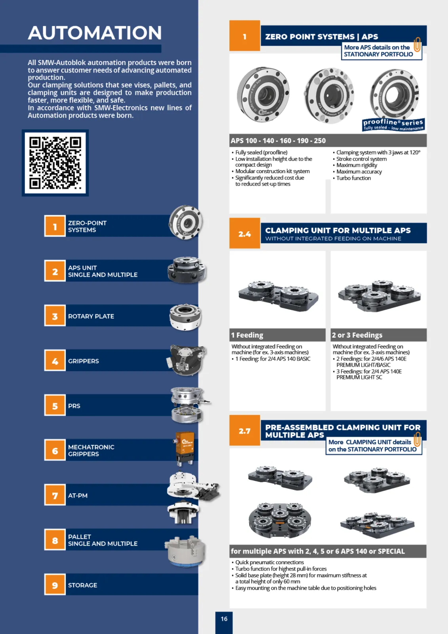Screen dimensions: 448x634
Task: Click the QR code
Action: (x=55, y=163)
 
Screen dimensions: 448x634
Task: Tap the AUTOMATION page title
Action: (x=95, y=33)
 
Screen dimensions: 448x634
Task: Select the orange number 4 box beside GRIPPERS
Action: (x=55, y=361)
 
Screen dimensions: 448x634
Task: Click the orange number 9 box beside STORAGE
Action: (x=55, y=584)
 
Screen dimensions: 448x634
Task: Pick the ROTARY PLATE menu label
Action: (x=91, y=316)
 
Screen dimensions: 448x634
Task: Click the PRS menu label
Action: (x=74, y=406)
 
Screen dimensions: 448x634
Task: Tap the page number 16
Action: (x=224, y=619)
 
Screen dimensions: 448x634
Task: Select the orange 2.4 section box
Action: (x=244, y=233)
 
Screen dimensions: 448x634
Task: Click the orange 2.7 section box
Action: (x=244, y=430)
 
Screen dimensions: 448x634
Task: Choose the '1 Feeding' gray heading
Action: (x=277, y=335)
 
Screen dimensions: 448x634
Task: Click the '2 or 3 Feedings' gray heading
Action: (x=378, y=335)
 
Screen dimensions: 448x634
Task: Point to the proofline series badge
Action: (x=393, y=125)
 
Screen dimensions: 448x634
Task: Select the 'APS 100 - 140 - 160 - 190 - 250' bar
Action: (x=328, y=140)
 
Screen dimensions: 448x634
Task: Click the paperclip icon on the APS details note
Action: (x=417, y=44)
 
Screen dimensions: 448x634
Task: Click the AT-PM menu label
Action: (x=78, y=495)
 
